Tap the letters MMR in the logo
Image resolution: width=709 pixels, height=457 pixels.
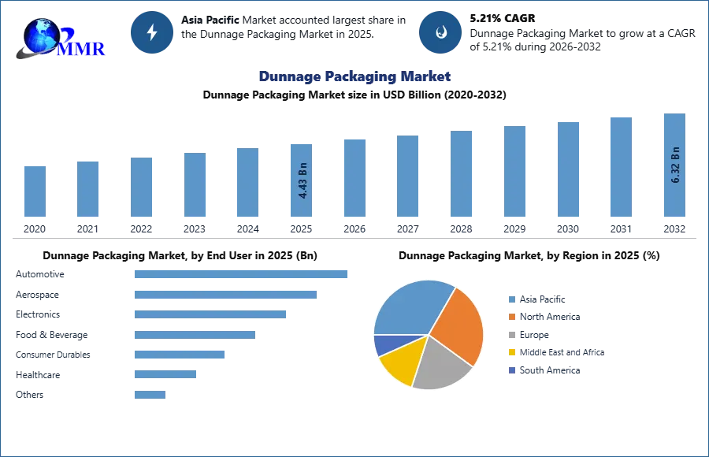pos(81,49)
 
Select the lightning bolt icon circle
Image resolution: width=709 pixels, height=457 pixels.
pos(153,32)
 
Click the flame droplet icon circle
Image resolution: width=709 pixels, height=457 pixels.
pos(441,32)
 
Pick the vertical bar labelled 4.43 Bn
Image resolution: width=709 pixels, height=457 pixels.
pos(303,180)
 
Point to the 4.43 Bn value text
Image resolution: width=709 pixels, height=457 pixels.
pos(303,180)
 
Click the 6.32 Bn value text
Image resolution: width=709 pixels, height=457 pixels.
pos(675,165)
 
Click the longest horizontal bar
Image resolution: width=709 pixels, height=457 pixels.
pos(242,274)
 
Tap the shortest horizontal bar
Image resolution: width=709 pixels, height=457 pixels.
pos(150,396)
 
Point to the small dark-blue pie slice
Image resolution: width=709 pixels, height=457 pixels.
pos(384,344)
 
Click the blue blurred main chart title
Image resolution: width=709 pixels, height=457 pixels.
pos(355,76)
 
